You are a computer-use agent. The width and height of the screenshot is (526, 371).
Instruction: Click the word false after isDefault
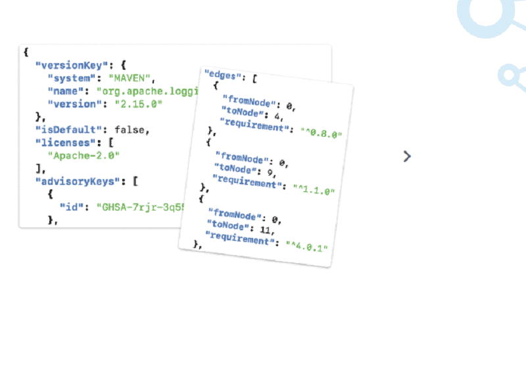point(132,130)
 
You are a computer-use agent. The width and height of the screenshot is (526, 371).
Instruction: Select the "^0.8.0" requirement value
point(322,134)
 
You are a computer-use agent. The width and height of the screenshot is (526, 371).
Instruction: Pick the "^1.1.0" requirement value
point(314,191)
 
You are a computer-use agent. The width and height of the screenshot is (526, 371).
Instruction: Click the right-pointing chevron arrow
point(407,156)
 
